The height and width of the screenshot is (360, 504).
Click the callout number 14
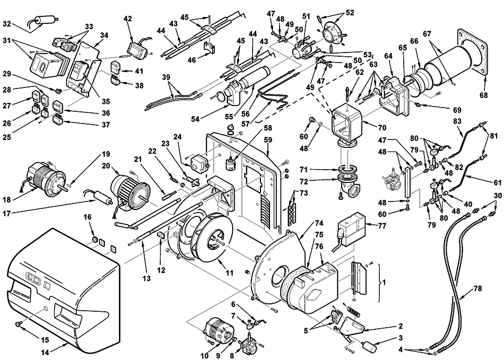click(45, 352)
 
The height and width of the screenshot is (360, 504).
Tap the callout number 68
click(483, 95)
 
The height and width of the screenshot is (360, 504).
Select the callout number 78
click(478, 288)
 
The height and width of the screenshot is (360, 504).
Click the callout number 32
click(7, 23)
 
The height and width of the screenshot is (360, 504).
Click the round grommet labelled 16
click(95, 240)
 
